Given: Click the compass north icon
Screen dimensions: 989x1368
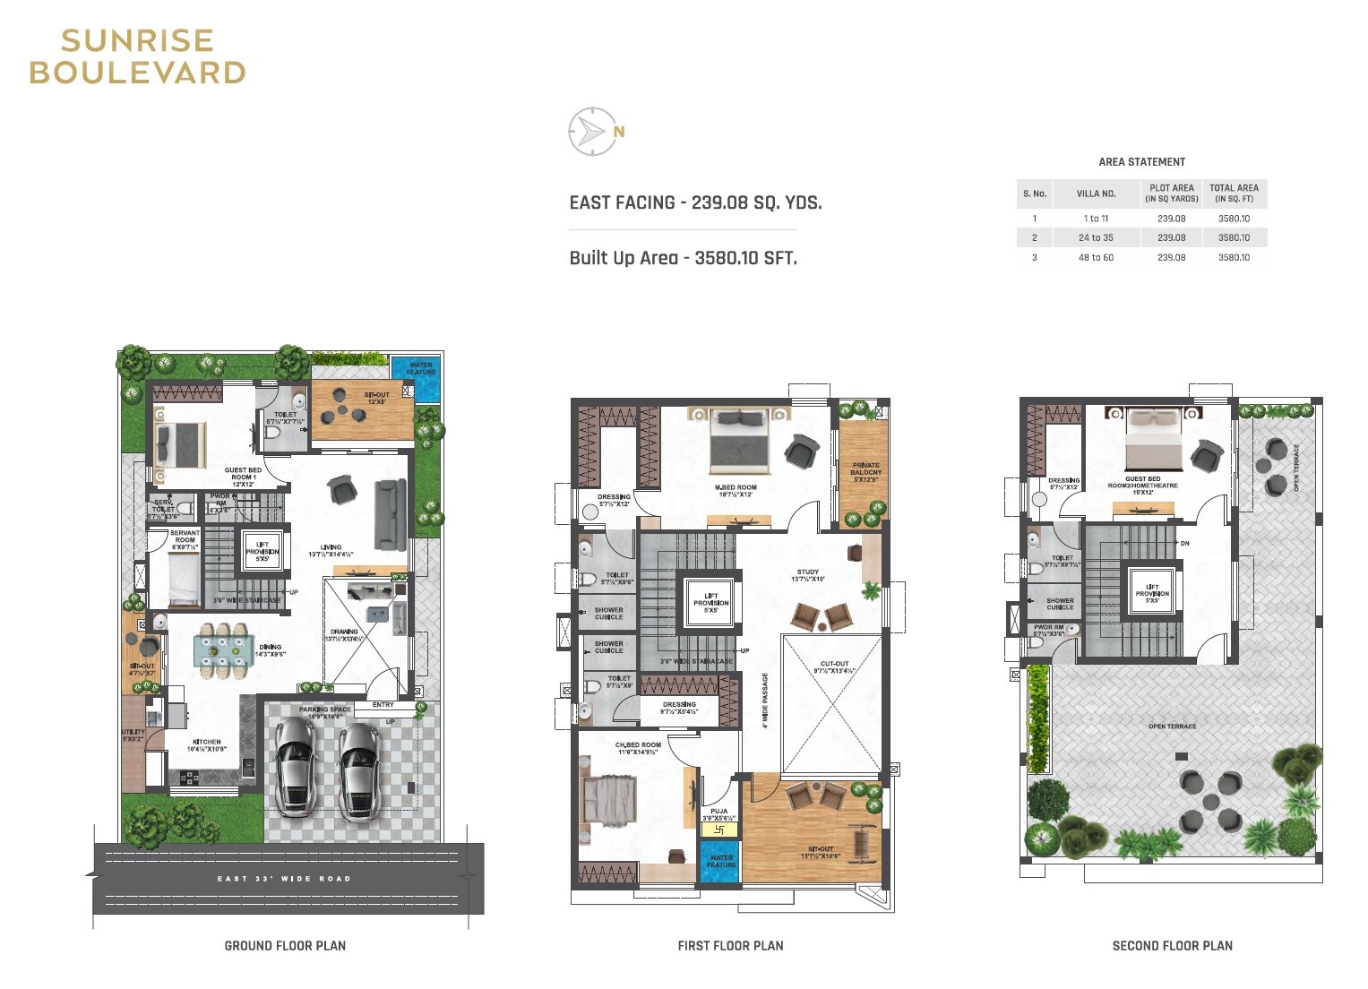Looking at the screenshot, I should (x=592, y=132).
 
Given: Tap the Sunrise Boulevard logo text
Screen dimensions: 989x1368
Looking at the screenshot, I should (x=137, y=56).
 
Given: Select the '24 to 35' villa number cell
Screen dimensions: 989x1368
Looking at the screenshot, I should (x=1096, y=238).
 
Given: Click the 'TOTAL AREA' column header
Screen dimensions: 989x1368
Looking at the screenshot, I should (x=1234, y=193).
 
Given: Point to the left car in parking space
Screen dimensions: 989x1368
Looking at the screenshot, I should (x=294, y=767).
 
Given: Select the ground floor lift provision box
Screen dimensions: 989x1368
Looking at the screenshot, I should (x=262, y=551).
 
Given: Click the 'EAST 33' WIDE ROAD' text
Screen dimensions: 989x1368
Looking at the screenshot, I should (x=284, y=879).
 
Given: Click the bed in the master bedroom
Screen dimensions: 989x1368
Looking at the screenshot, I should (x=740, y=441).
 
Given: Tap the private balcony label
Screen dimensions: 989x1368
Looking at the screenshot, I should (x=865, y=472).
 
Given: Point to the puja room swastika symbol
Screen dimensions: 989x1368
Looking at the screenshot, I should (x=718, y=830).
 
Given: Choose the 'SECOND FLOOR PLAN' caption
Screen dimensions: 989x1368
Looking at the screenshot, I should (x=1172, y=946).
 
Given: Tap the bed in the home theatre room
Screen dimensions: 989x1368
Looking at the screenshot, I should (x=1154, y=439).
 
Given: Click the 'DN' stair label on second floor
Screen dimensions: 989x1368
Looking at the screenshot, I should (x=1184, y=544).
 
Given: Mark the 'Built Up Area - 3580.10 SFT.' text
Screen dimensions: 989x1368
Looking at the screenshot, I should (x=683, y=259).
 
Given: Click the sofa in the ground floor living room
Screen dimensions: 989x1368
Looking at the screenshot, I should (x=390, y=514).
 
